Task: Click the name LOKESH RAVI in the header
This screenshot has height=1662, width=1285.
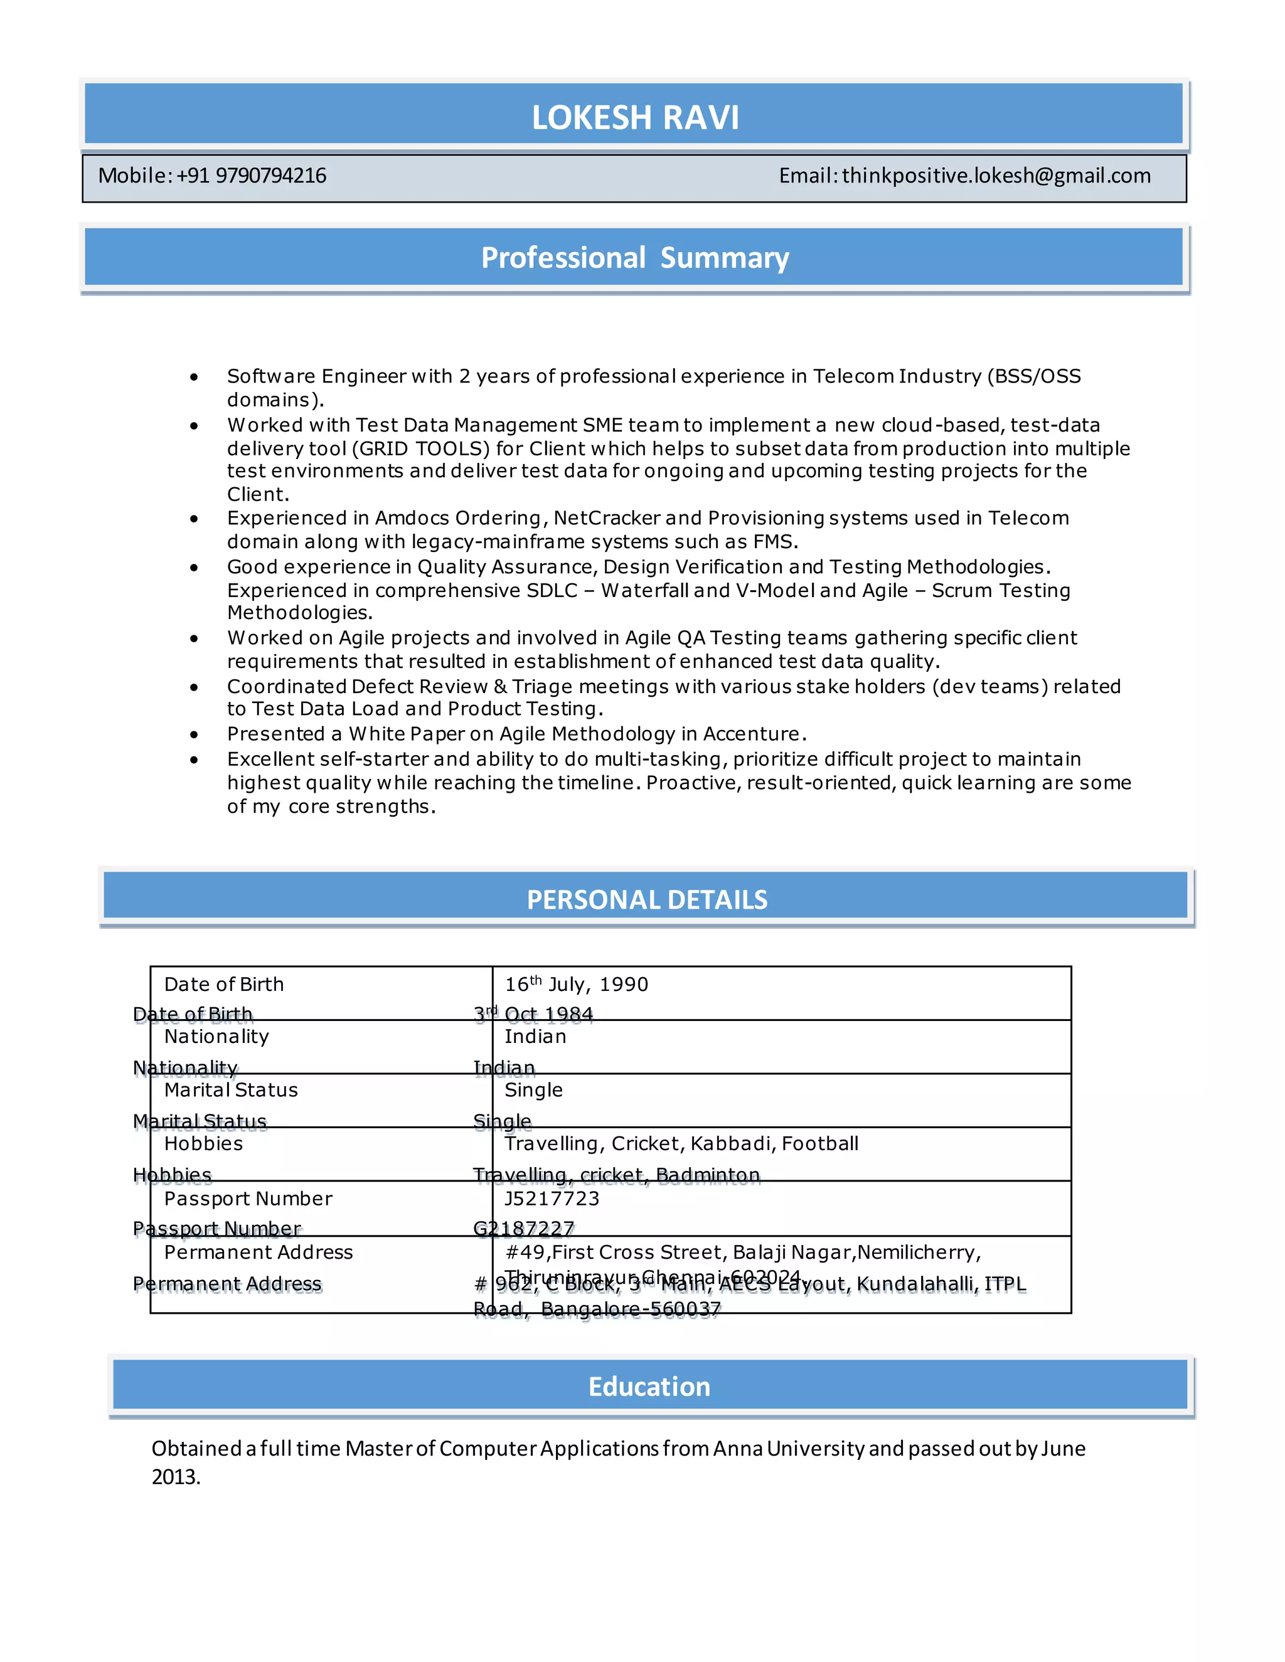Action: (x=635, y=117)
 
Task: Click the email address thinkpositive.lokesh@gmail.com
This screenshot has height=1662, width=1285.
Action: (x=996, y=176)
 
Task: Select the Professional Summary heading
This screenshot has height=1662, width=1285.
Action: (x=635, y=258)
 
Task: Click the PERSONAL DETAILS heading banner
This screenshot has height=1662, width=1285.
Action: (x=646, y=899)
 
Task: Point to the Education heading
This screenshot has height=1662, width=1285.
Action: (x=649, y=1387)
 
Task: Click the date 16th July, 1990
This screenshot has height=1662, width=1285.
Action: (x=576, y=985)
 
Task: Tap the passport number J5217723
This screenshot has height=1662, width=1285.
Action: (x=552, y=1199)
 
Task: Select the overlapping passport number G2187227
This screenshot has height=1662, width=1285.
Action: (x=524, y=1229)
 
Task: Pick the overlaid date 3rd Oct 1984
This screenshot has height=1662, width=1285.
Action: (x=533, y=1014)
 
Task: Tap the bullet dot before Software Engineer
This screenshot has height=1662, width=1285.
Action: (x=194, y=377)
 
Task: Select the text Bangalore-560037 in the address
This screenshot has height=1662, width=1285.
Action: (x=631, y=1309)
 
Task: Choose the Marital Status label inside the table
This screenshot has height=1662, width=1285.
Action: (x=231, y=1091)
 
